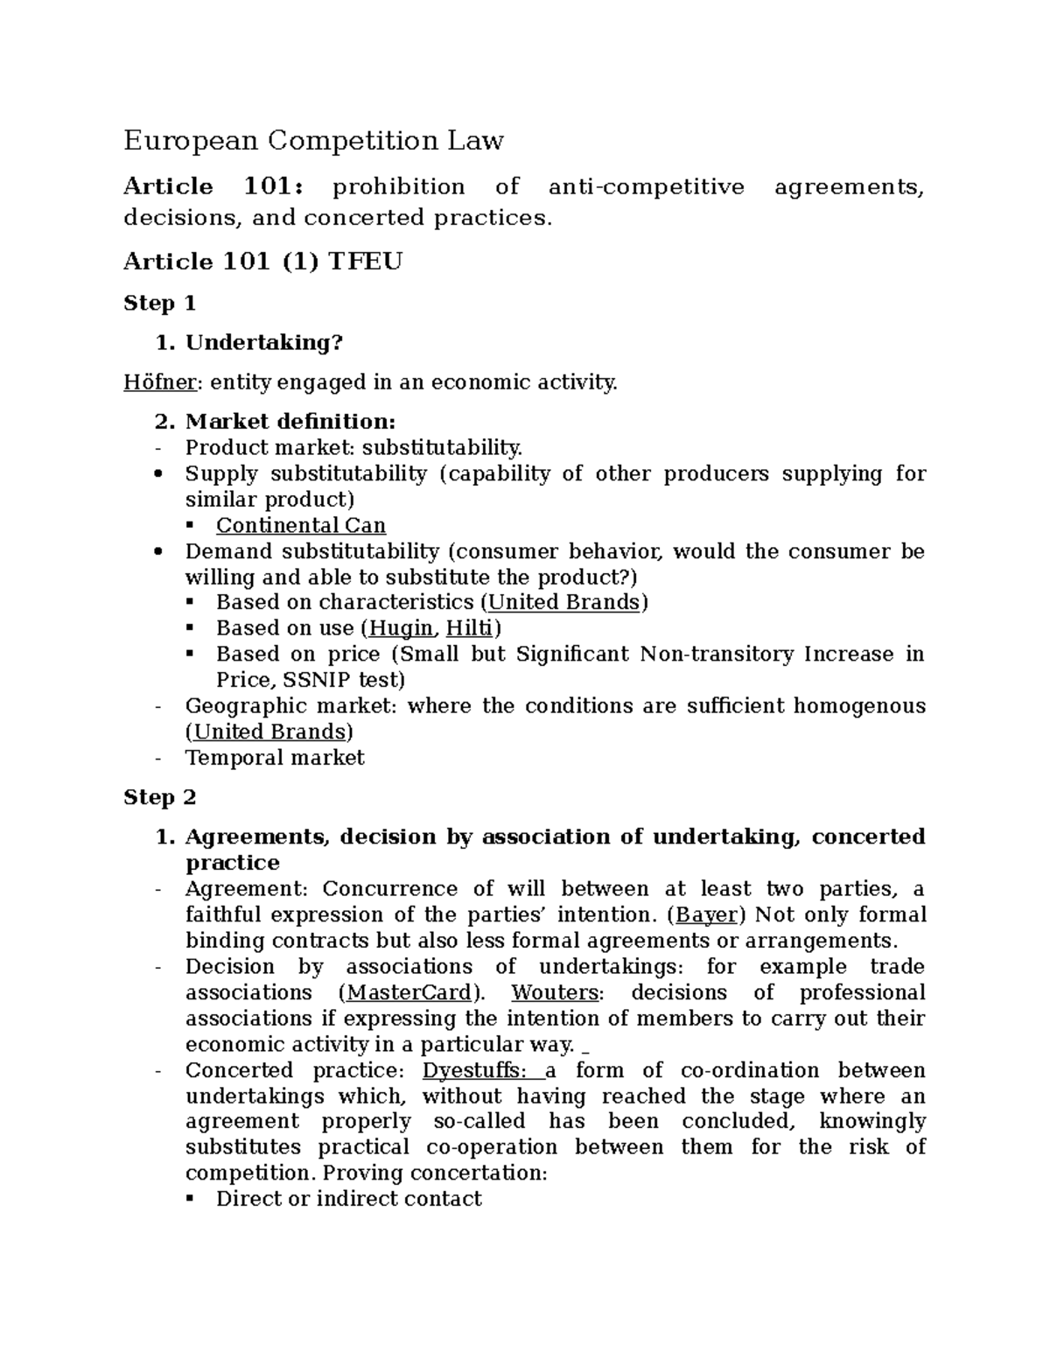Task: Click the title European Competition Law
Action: (x=313, y=140)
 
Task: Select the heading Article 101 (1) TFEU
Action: (x=262, y=261)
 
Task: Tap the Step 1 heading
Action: (x=159, y=304)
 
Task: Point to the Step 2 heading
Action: (x=159, y=797)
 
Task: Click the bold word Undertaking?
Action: (x=263, y=343)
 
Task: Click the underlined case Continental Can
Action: (x=300, y=525)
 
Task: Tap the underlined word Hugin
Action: (x=401, y=628)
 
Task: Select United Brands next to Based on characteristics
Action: (x=563, y=602)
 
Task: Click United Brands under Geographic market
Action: (x=269, y=732)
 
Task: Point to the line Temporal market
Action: (x=274, y=758)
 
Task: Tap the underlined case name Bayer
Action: (x=706, y=914)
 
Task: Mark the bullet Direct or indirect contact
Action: (x=348, y=1199)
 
